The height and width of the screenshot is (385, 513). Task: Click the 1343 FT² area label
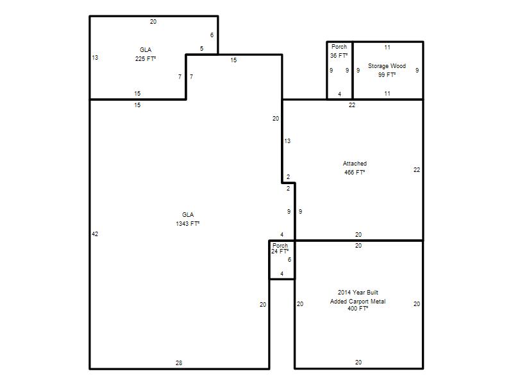[x=187, y=223]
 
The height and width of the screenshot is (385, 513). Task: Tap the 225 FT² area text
[x=146, y=58]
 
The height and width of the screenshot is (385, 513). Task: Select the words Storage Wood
[x=387, y=66]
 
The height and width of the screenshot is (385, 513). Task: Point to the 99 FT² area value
[x=387, y=74]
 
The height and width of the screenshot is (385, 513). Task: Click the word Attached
[x=355, y=164]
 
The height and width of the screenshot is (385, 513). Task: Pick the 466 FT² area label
[x=355, y=172]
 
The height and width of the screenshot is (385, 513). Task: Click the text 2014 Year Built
[x=358, y=293]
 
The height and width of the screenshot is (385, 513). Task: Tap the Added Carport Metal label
[x=358, y=301]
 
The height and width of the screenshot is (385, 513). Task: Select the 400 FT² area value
[x=358, y=309]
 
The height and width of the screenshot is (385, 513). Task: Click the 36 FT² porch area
[x=339, y=56]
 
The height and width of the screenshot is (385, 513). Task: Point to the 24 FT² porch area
[x=280, y=252]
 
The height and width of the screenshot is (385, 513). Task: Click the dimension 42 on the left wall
[x=95, y=234]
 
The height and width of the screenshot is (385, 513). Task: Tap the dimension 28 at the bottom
[x=179, y=363]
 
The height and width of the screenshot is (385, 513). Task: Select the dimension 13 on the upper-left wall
[x=95, y=58]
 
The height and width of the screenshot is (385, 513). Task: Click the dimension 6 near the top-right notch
[x=212, y=35]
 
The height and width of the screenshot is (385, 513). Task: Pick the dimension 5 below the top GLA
[x=201, y=49]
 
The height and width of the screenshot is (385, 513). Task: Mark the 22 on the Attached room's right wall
[x=416, y=169]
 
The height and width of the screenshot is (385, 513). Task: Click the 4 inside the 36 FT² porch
[x=340, y=94]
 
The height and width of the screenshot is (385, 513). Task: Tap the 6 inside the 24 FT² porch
[x=289, y=260]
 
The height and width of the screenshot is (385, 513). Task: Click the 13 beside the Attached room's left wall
[x=287, y=141]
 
